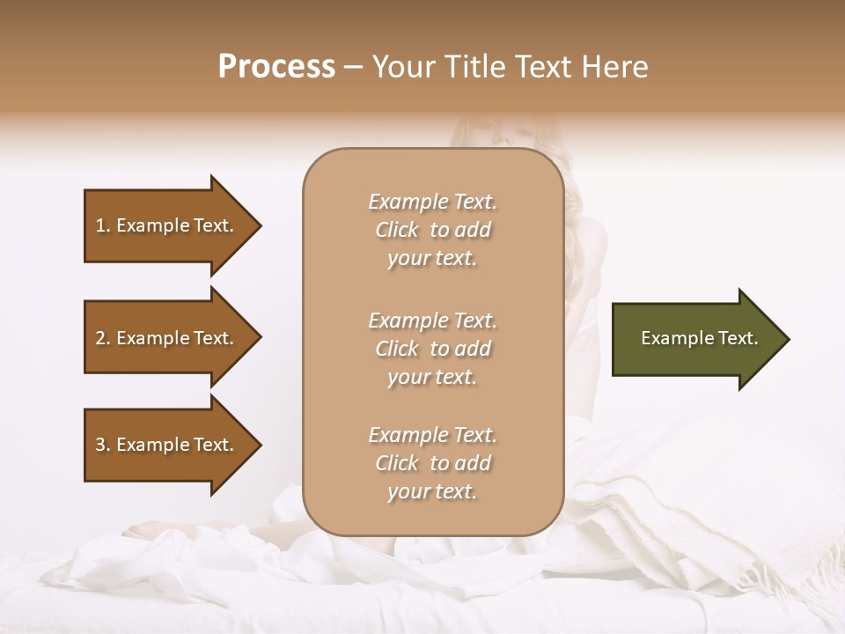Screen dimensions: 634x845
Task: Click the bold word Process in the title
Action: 276,67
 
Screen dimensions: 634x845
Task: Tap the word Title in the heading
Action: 472,67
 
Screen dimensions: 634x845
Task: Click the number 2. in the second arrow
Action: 103,338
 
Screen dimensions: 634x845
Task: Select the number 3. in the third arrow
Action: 103,445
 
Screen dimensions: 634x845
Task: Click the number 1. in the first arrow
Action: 103,225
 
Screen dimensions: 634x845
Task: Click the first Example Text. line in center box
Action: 432,202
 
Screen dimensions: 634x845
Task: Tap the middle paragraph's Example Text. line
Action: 432,320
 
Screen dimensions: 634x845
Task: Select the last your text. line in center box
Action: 432,492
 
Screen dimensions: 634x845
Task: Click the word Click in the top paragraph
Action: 397,231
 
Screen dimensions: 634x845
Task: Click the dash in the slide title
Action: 354,68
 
